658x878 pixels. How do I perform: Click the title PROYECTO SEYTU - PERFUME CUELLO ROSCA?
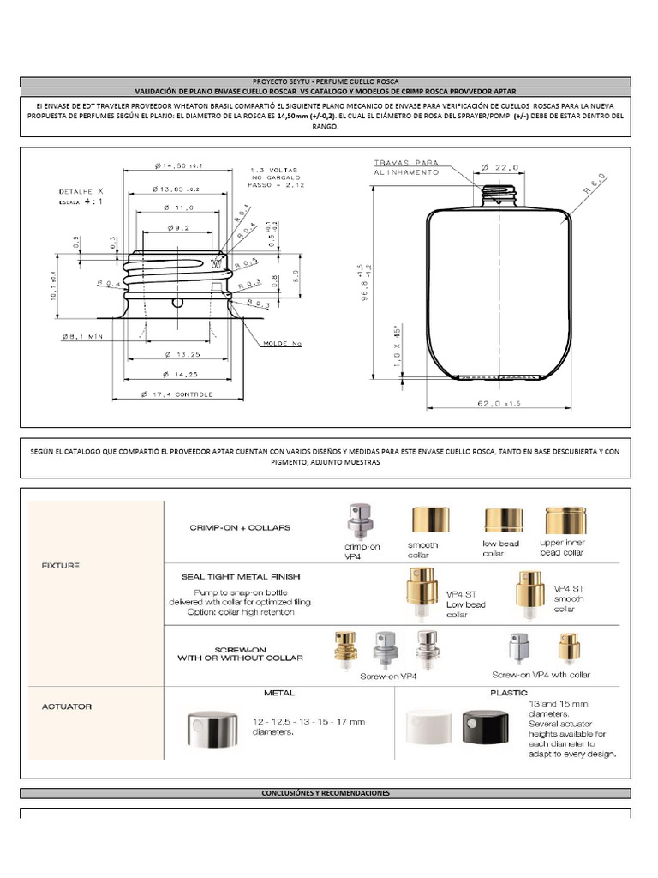[325, 82]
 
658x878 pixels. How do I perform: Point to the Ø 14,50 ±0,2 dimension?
[178, 165]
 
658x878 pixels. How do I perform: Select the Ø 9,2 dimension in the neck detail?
[178, 228]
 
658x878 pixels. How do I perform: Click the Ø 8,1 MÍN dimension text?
[81, 337]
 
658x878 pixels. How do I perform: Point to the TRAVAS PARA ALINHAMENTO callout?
[406, 167]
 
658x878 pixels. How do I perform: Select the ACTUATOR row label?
[67, 707]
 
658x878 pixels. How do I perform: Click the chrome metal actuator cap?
[214, 732]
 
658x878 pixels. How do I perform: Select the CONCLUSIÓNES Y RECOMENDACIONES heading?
[325, 793]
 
